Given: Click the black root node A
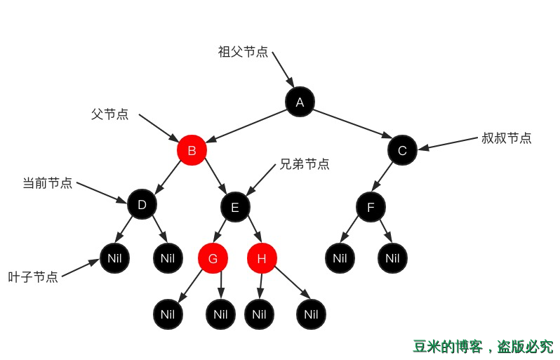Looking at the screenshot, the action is (x=300, y=102).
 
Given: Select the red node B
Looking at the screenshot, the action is (x=192, y=150).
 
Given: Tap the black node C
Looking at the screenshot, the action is (x=402, y=150).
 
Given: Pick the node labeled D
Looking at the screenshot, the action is (x=142, y=204).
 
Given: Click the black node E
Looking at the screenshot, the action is (x=235, y=207).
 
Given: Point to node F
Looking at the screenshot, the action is (x=371, y=207).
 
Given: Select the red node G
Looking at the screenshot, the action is (x=213, y=258).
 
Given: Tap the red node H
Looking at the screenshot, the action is (x=262, y=258).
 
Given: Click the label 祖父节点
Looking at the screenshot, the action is (x=243, y=52).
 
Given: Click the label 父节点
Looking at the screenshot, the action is (x=109, y=114).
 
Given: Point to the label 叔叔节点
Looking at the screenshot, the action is (x=506, y=138).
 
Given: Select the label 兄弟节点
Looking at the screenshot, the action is (x=304, y=164).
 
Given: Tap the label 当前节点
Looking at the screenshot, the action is (x=47, y=183).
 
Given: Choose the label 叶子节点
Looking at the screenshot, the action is (x=33, y=277).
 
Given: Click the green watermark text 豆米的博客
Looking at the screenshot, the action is (x=446, y=347).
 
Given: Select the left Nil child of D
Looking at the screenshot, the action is (x=114, y=258).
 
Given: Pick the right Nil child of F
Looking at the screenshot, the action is (x=392, y=258).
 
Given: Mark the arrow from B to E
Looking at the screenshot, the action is (x=215, y=175).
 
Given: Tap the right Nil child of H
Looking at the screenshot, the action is (x=311, y=314).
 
